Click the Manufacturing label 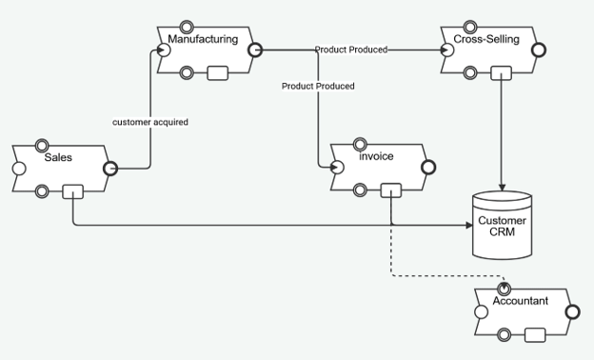click(203, 39)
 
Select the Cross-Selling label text click(486, 39)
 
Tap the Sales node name click(58, 157)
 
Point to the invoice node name click(376, 156)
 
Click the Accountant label click(521, 301)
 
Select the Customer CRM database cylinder click(503, 225)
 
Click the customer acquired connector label click(150, 122)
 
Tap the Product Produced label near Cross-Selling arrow click(351, 50)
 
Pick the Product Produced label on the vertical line click(318, 86)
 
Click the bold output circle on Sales click(110, 169)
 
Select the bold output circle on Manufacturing click(255, 50)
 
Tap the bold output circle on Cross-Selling click(539, 50)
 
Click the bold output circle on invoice click(428, 167)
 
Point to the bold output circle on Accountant click(572, 312)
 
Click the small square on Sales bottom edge click(72, 191)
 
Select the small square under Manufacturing click(218, 73)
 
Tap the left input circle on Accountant click(481, 312)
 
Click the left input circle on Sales click(19, 169)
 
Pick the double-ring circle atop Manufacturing click(187, 28)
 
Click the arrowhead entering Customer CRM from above click(502, 188)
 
